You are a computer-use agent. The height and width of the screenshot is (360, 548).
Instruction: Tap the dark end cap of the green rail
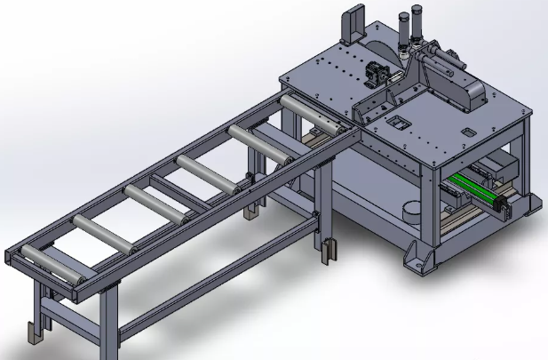(503, 208)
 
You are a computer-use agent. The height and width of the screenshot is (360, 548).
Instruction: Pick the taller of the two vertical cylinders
(417, 28)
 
